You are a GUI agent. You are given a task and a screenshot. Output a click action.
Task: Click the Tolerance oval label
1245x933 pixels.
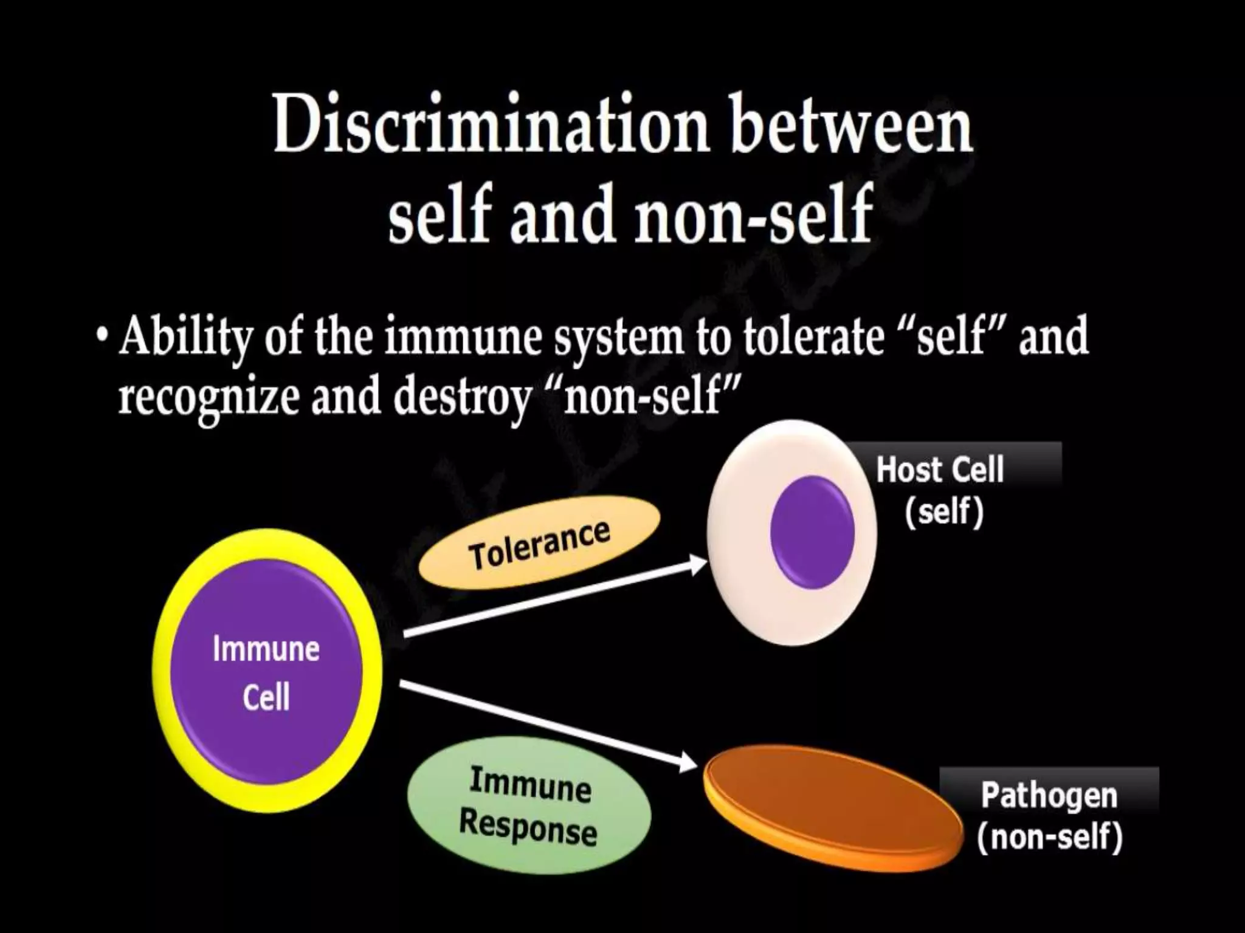539,543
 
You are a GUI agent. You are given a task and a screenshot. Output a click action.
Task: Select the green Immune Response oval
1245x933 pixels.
528,805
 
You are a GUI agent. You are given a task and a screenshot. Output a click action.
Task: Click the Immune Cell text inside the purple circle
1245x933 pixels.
266,672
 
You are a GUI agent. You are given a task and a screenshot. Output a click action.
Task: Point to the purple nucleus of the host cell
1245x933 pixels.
812,532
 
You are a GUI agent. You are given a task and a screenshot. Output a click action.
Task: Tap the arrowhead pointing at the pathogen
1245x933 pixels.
688,762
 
